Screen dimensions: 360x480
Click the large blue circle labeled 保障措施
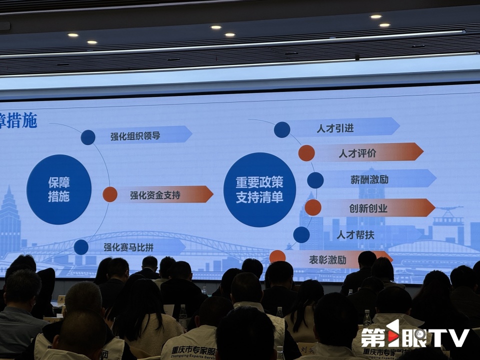click(59, 189)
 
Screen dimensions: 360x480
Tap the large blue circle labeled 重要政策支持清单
click(259, 189)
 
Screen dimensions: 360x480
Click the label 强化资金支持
click(155, 194)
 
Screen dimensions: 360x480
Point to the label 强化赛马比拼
click(127, 246)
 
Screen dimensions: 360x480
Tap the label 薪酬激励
click(369, 179)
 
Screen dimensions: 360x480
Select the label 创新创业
click(368, 207)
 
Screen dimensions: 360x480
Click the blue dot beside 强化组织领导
click(88, 137)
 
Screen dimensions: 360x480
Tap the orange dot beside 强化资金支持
click(110, 194)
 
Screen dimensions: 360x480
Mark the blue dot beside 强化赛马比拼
click(81, 247)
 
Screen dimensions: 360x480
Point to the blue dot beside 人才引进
click(282, 129)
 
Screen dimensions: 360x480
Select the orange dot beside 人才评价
click(306, 153)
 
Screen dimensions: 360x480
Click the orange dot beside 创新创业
click(313, 207)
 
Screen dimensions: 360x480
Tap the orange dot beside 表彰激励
click(277, 257)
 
